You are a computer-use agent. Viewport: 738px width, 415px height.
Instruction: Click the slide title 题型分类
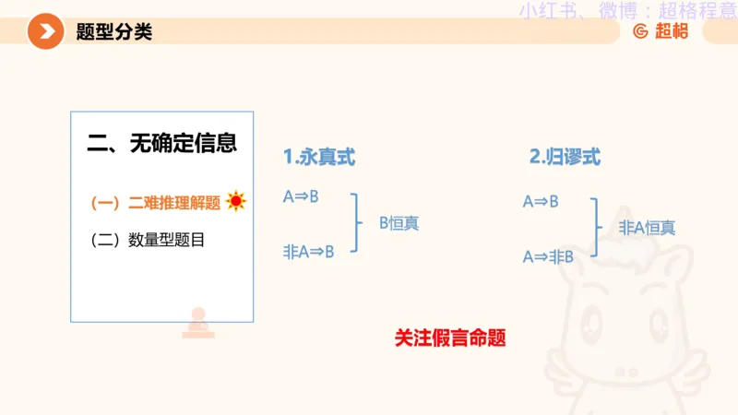tap(114, 32)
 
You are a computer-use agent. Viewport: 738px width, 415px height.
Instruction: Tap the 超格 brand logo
tap(661, 31)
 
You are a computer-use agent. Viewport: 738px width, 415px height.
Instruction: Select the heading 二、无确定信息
tap(161, 143)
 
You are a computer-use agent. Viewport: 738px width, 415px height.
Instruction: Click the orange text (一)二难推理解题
tap(155, 203)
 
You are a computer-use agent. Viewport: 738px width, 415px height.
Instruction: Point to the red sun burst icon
tap(236, 201)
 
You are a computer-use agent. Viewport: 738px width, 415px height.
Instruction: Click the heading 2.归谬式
tap(565, 158)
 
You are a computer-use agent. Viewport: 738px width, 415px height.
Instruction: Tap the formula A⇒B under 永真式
tap(301, 196)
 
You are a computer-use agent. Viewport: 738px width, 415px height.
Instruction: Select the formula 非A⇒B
tap(308, 251)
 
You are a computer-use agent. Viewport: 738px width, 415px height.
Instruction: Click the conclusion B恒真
tap(399, 223)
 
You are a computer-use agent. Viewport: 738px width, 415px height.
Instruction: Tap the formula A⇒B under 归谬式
tap(541, 201)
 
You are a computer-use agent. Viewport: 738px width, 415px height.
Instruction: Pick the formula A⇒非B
tap(548, 256)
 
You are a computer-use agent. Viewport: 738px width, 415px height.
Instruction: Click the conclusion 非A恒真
tap(647, 228)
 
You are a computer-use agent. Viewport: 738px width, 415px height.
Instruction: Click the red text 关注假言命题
tap(450, 338)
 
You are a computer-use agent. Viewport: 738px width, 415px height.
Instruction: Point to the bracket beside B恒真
tap(356, 223)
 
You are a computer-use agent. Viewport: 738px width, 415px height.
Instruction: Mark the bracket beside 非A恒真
tap(596, 228)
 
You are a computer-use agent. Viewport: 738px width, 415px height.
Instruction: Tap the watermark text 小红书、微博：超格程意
tap(627, 11)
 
